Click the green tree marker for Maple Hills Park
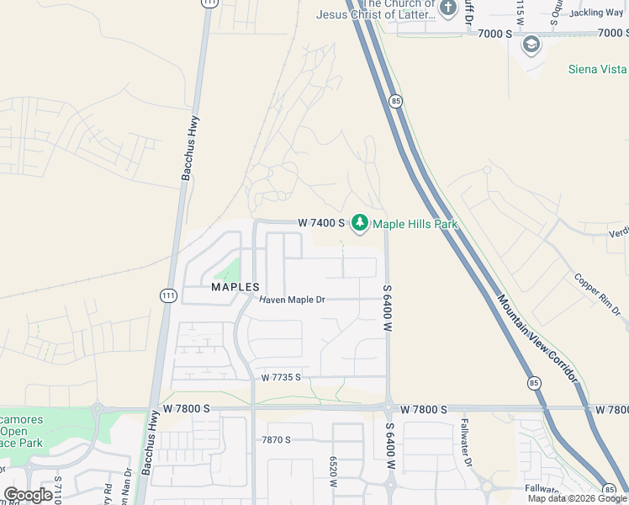click(360, 223)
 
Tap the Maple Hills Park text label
click(415, 224)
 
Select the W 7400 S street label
click(321, 223)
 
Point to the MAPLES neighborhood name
click(235, 287)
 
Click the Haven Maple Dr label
click(292, 300)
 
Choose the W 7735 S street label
click(281, 378)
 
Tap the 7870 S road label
click(276, 439)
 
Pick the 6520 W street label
click(334, 473)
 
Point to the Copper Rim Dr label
click(598, 295)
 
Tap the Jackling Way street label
click(596, 13)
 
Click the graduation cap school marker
click(531, 44)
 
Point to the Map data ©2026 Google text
click(577, 498)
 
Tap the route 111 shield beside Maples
click(169, 295)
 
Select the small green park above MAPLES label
click(227, 271)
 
